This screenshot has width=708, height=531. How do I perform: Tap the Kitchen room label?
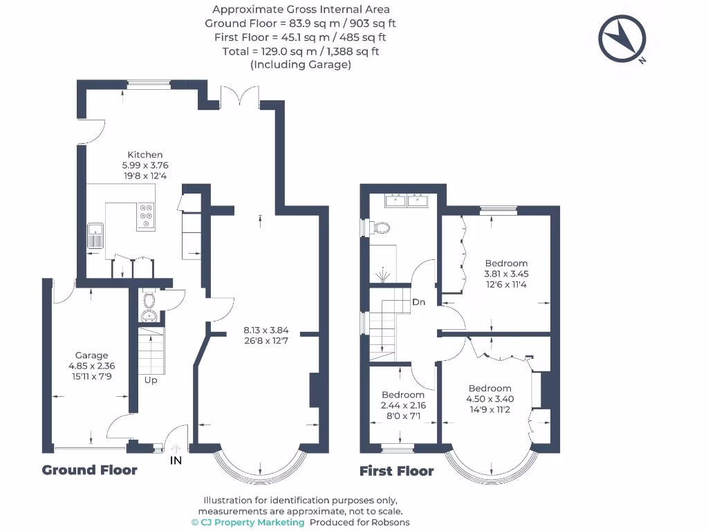click(x=145, y=155)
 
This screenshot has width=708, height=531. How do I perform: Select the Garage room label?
click(x=92, y=355)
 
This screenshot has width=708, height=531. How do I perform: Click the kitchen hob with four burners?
click(x=147, y=216)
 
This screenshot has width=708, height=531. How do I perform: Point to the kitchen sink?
click(x=95, y=235)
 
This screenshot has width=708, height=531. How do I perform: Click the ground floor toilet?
click(x=149, y=301)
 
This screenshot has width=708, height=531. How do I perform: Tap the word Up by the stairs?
click(x=150, y=380)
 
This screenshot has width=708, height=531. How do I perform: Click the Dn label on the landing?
click(x=418, y=302)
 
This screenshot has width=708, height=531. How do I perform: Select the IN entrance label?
click(x=176, y=460)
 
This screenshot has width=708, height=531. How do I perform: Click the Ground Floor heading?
click(x=90, y=470)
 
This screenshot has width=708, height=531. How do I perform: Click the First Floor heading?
click(x=397, y=472)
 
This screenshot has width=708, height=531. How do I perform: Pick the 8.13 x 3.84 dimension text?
click(x=265, y=330)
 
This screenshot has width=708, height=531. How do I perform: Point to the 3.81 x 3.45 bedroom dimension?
click(x=506, y=273)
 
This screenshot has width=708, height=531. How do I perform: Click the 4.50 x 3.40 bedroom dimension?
click(x=490, y=399)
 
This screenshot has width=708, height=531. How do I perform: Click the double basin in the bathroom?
click(x=407, y=200)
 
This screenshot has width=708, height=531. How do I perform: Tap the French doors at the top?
click(x=239, y=97)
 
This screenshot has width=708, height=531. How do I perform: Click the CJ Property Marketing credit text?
click(x=248, y=523)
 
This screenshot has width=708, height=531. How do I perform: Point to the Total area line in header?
click(x=301, y=52)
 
